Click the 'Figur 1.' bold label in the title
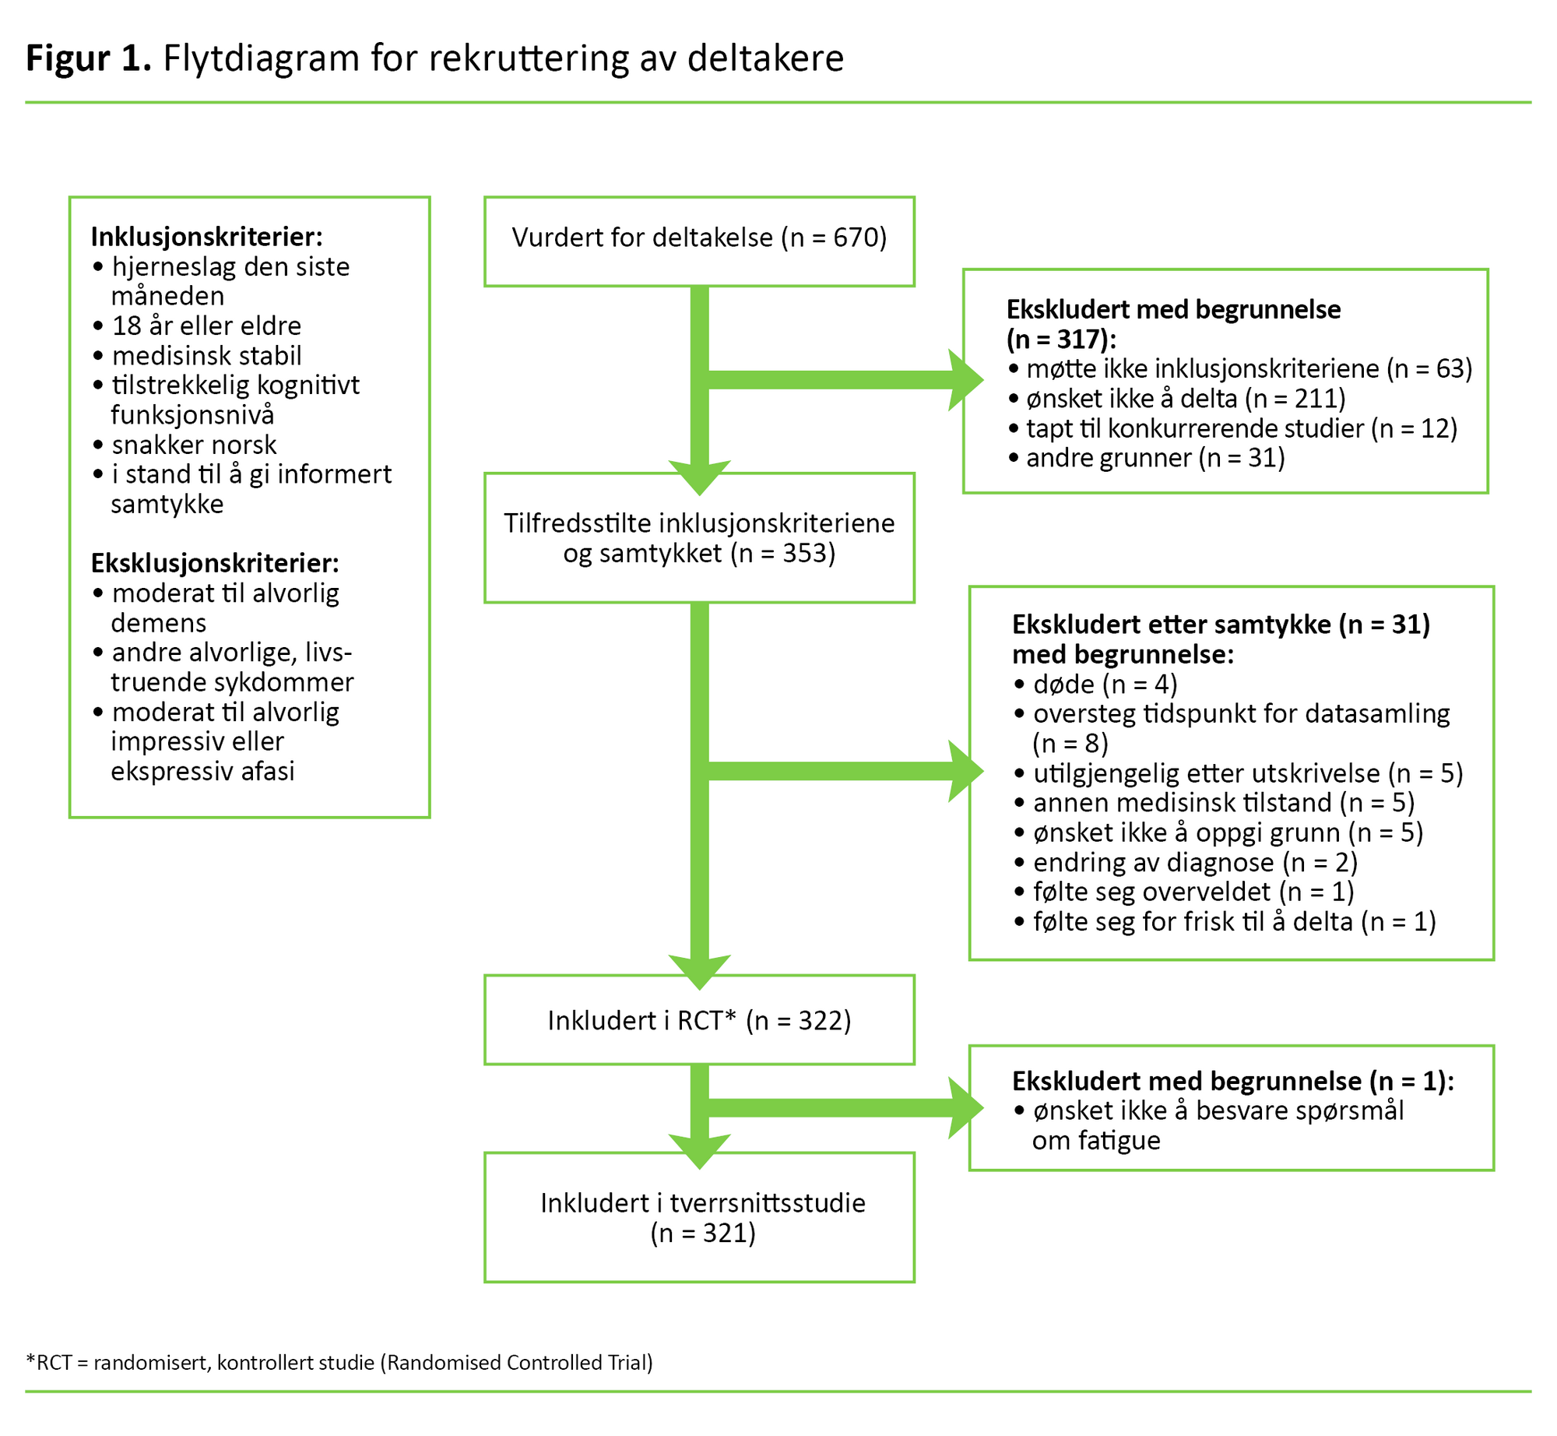88,58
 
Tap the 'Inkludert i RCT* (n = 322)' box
698,1020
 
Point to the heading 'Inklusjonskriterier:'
206,236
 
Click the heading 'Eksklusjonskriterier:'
215,562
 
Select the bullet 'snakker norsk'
194,445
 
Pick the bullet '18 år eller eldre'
206,326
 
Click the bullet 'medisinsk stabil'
206,356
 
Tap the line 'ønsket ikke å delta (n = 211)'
1185,399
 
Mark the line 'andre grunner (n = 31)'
1155,458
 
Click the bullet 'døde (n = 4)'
1104,684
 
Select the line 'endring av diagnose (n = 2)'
1194,862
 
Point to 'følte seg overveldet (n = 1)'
1193,892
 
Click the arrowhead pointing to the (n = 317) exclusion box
967,380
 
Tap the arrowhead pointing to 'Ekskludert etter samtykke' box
967,771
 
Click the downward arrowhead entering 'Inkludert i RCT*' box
699,973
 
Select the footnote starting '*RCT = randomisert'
339,1362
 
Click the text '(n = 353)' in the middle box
782,553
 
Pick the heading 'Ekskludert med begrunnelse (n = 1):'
1232,1081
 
